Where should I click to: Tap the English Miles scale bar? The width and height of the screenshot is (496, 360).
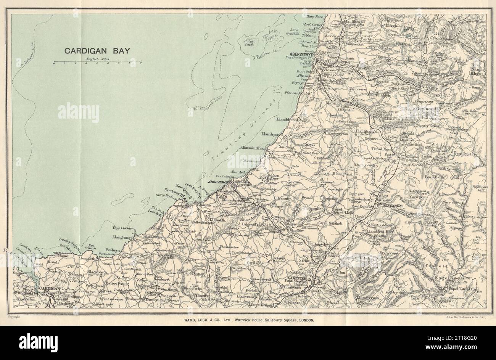[97, 62]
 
